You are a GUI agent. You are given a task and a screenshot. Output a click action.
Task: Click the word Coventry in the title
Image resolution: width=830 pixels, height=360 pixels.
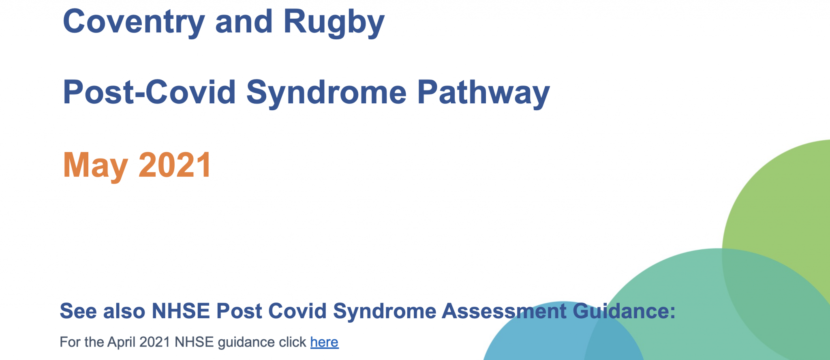point(134,22)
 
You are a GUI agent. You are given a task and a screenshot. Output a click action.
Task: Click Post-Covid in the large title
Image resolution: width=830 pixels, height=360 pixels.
point(149,92)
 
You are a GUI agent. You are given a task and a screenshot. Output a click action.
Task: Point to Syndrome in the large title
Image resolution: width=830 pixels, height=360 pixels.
point(326,93)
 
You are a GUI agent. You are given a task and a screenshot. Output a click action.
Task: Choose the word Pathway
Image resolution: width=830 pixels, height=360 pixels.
point(483,93)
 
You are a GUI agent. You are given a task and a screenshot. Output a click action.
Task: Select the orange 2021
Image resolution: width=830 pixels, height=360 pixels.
point(175,165)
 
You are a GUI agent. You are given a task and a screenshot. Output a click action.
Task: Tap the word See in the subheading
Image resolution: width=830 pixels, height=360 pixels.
point(79,311)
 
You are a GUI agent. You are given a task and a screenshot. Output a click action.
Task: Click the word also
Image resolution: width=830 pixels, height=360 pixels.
point(124,311)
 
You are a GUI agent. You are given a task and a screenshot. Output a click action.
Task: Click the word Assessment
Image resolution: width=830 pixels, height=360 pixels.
point(504,311)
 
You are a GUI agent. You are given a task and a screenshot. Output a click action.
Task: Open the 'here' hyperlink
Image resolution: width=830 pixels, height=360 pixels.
point(324,342)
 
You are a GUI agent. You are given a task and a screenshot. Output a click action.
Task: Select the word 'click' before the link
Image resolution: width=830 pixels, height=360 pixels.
point(292,342)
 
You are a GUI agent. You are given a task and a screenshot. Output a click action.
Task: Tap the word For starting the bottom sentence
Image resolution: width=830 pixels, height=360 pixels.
point(70,342)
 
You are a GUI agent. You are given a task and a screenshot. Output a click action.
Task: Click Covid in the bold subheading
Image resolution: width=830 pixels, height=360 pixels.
point(297,311)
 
